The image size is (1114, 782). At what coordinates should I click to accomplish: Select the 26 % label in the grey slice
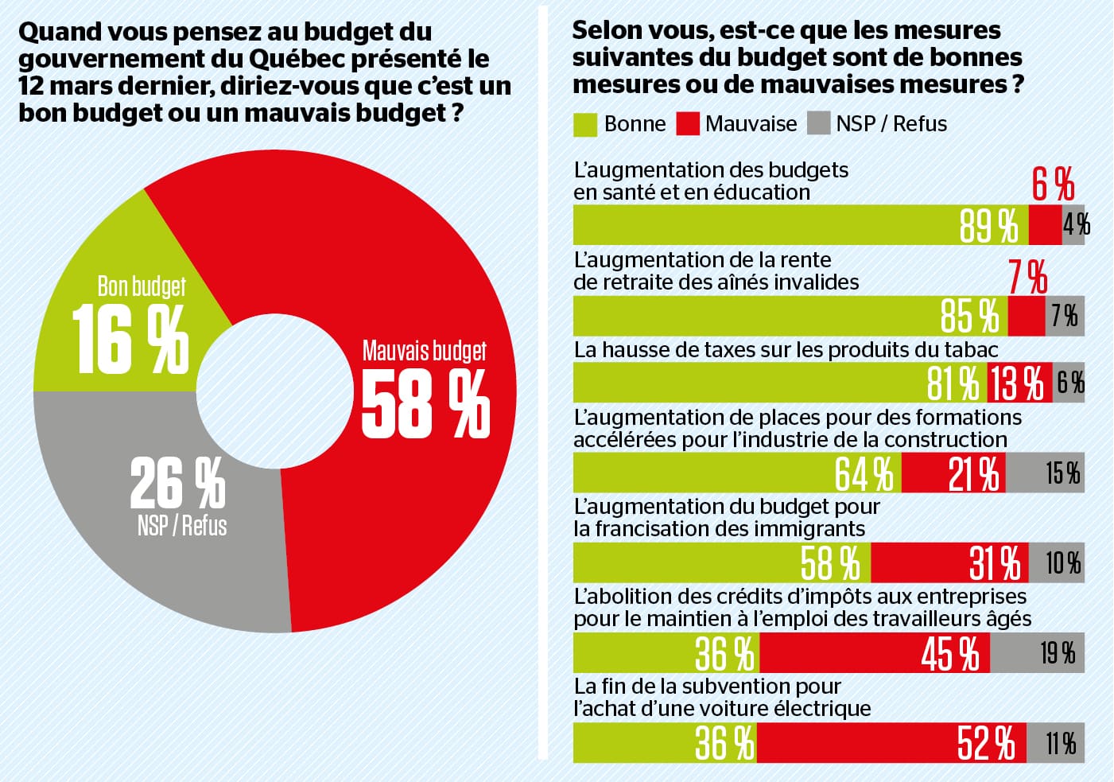coord(177,482)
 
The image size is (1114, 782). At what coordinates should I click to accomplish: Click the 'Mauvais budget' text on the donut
coord(424,351)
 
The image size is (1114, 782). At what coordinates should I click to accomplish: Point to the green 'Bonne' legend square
coord(584,124)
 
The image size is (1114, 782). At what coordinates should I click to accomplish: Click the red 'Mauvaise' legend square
coord(687,124)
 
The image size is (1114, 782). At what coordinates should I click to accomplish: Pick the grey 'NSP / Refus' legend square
coord(818,124)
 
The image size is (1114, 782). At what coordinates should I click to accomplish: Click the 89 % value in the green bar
coord(988,225)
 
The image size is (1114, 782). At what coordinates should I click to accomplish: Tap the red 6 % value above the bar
coord(1053,185)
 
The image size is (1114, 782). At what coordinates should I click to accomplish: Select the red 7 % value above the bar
coord(1027,277)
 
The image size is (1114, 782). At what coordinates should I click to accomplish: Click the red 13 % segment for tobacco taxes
coord(1019,383)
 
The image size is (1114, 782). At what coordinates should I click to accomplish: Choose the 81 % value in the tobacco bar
coord(953,383)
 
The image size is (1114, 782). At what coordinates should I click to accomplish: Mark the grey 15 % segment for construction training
coord(1046,473)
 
